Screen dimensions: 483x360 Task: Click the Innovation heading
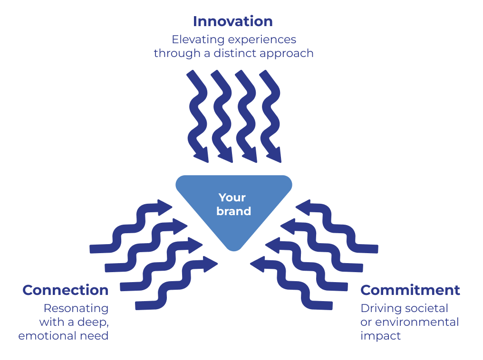(233, 21)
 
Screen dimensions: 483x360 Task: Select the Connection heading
(65, 290)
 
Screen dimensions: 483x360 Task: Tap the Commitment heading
(410, 290)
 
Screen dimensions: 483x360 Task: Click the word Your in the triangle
(232, 198)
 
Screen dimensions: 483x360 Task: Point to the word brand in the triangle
(233, 211)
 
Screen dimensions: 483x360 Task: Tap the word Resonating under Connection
(76, 309)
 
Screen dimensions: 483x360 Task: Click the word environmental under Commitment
(417, 322)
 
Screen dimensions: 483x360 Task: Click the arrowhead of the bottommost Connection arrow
(211, 264)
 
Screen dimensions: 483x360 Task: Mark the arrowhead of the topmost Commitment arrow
(303, 208)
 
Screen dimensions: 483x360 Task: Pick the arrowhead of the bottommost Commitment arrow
(258, 264)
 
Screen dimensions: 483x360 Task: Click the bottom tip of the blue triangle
(234, 251)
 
